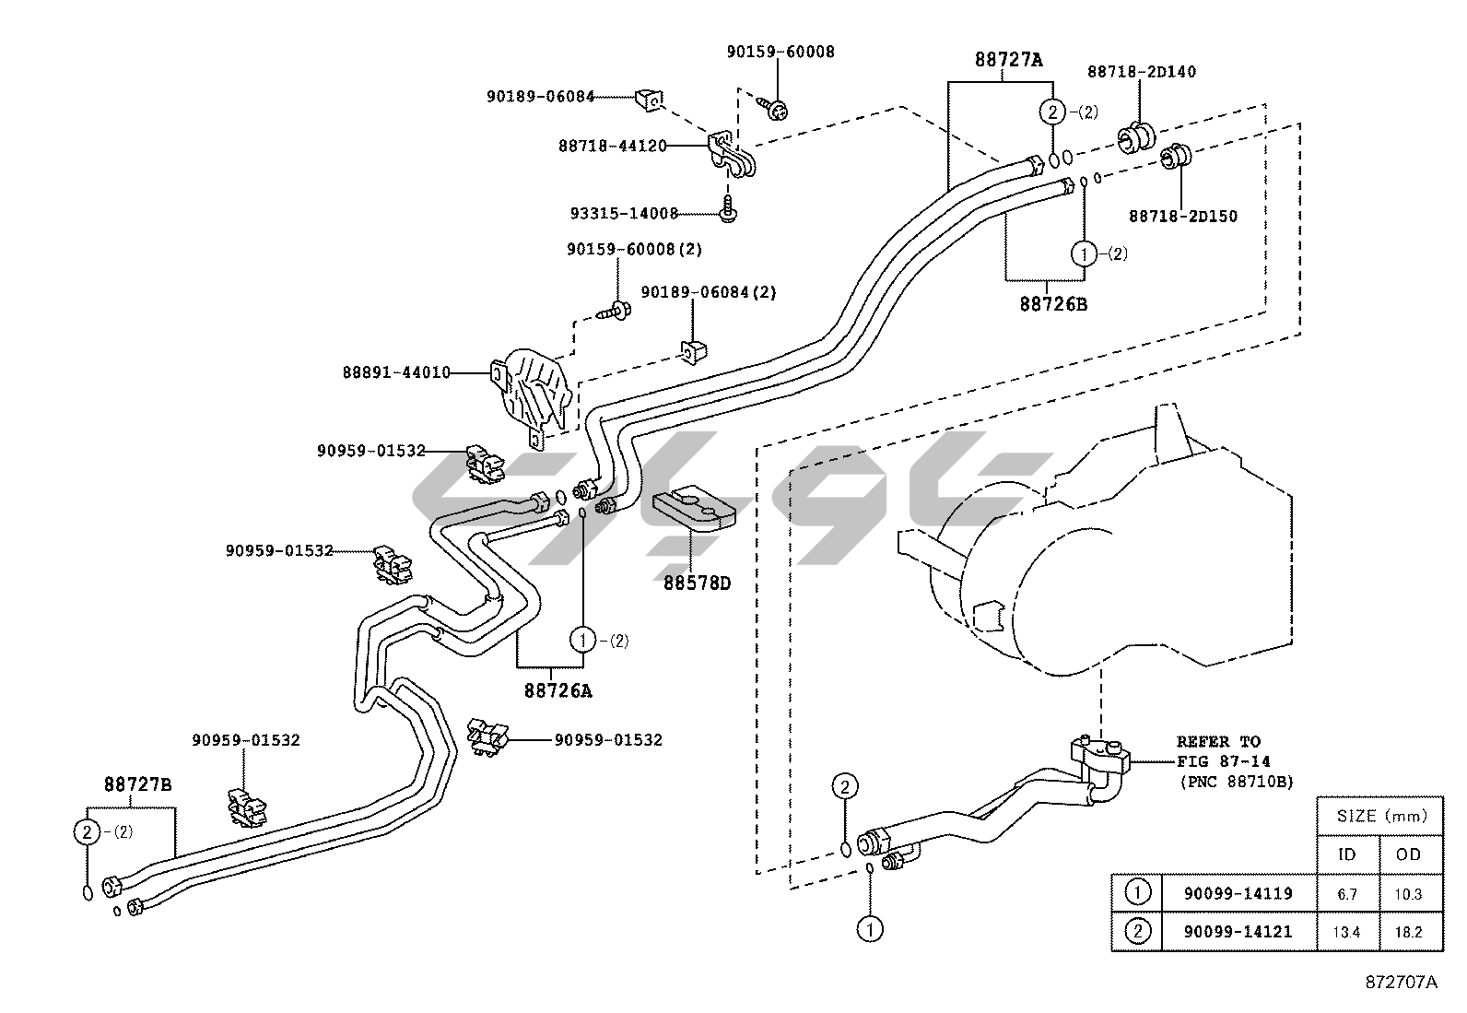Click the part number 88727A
[x=1009, y=60]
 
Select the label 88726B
[x=1053, y=303]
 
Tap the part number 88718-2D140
[x=1142, y=71]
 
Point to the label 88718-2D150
[x=1182, y=216]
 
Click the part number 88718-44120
[x=612, y=146]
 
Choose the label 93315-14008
[x=623, y=214]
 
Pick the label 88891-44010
[x=396, y=372]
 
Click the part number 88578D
[x=697, y=583]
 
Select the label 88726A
[x=558, y=689]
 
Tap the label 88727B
[x=137, y=784]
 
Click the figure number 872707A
[x=1401, y=982]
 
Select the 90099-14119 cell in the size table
[x=1238, y=893]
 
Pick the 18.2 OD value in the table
[x=1409, y=932]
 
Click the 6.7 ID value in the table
[x=1346, y=893]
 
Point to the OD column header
[x=1409, y=854]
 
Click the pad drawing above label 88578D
[x=693, y=509]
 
